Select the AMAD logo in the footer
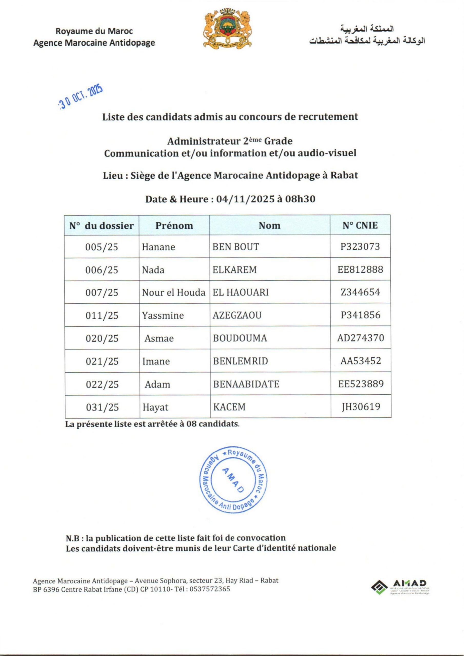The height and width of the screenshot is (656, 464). click(400, 587)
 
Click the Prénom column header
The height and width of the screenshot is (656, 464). click(174, 225)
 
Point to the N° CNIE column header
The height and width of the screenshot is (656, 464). click(360, 225)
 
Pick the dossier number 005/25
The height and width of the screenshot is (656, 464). click(102, 247)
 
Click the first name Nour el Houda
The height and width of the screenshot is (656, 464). click(174, 292)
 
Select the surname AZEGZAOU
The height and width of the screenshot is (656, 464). click(237, 315)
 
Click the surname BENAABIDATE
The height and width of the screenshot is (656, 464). click(246, 384)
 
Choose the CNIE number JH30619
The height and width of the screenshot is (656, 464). click(361, 407)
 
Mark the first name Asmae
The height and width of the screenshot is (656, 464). click(159, 338)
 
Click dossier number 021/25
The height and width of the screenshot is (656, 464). click(102, 361)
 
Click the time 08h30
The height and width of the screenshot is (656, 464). click(300, 199)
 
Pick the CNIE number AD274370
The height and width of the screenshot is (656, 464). click(360, 338)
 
